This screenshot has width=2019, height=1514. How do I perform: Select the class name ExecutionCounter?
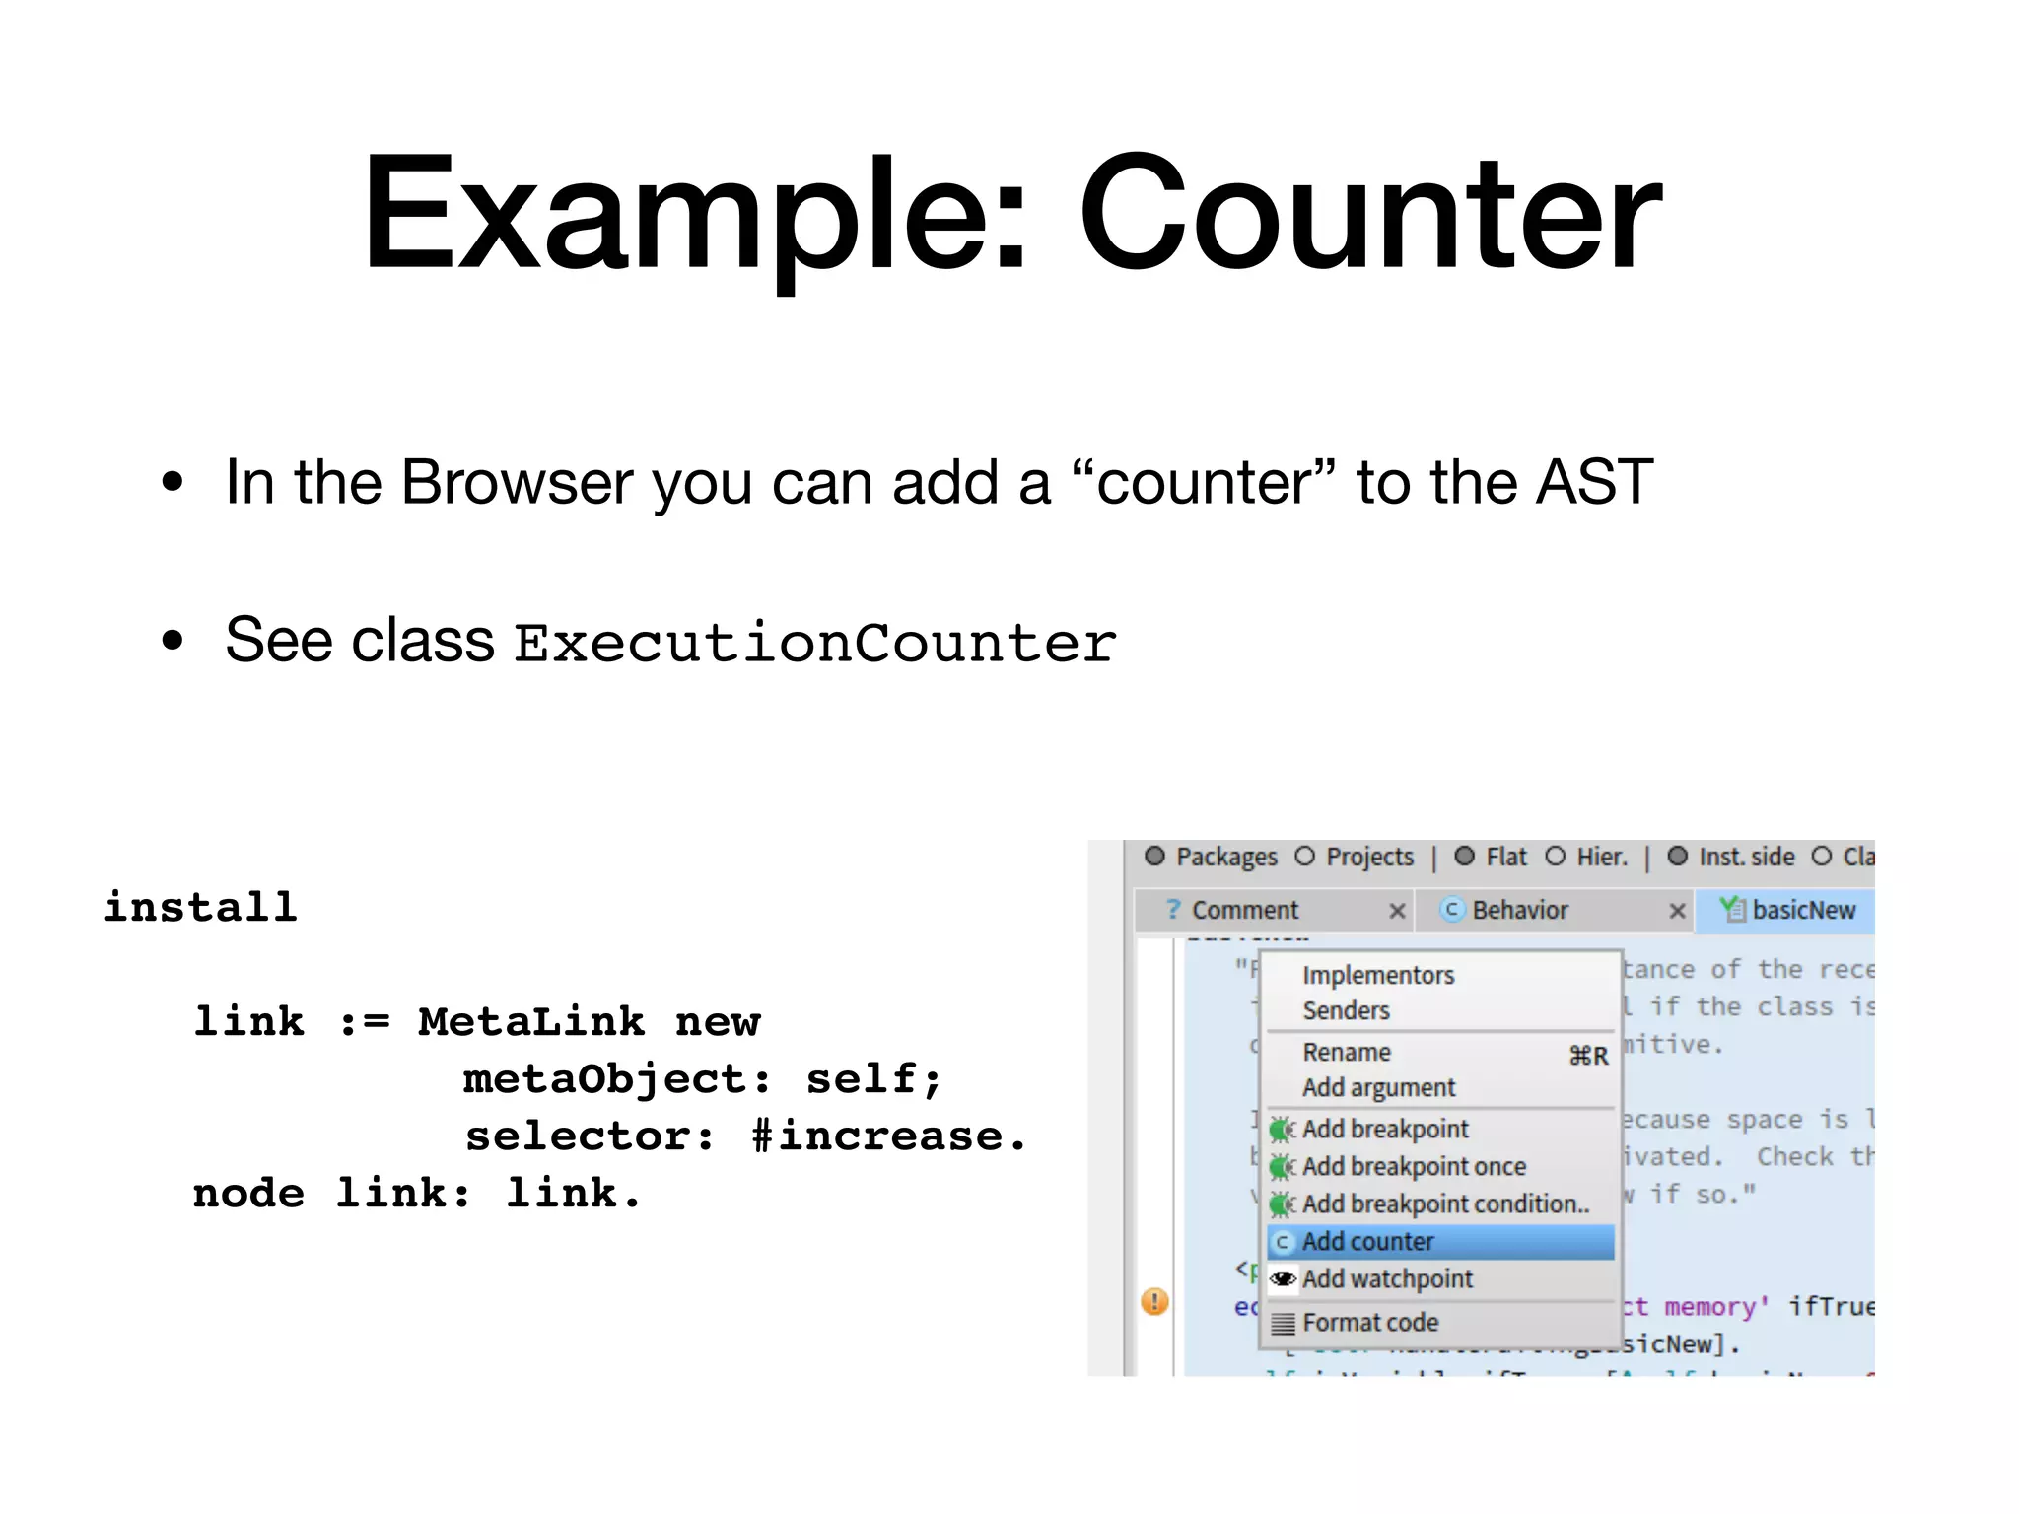click(814, 643)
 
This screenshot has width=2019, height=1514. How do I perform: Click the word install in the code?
click(200, 907)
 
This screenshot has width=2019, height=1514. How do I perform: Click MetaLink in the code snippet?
click(531, 1021)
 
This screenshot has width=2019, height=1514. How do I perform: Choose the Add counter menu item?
click(1367, 1242)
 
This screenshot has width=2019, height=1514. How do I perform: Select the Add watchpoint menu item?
click(1386, 1279)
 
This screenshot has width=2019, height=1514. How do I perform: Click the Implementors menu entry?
click(1377, 975)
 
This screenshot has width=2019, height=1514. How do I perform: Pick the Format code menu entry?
click(1369, 1323)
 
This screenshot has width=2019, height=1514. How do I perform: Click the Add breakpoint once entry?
click(1413, 1167)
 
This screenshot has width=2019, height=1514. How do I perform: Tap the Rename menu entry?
click(1346, 1053)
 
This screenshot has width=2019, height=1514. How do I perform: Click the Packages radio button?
click(1154, 856)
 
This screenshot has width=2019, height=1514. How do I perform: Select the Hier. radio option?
click(1555, 856)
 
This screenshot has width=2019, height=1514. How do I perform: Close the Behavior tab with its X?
click(1677, 911)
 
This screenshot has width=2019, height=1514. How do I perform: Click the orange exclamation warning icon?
click(1154, 1301)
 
